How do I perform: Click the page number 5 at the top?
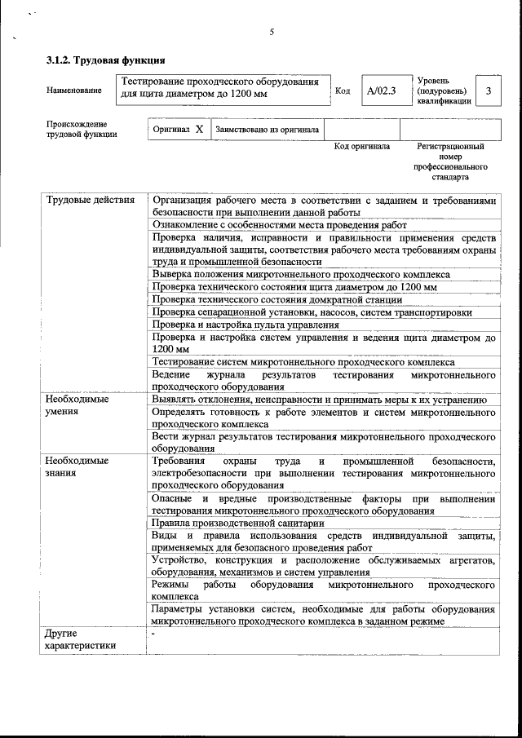pyautogui.click(x=272, y=32)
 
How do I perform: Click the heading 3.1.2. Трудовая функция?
pyautogui.click(x=106, y=60)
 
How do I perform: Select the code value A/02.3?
pyautogui.click(x=381, y=91)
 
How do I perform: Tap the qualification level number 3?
pyautogui.click(x=488, y=91)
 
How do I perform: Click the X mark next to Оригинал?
pyautogui.click(x=199, y=129)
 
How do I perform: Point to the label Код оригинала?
pyautogui.click(x=362, y=147)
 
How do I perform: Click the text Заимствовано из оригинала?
pyautogui.click(x=267, y=129)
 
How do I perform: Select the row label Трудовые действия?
pyautogui.click(x=90, y=200)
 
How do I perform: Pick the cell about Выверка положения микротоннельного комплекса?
pyautogui.click(x=300, y=274)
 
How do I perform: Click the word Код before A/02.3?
pyautogui.click(x=343, y=91)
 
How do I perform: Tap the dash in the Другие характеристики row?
pyautogui.click(x=153, y=633)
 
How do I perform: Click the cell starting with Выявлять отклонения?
pyautogui.click(x=320, y=400)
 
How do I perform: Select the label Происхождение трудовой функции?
pyautogui.click(x=81, y=130)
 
